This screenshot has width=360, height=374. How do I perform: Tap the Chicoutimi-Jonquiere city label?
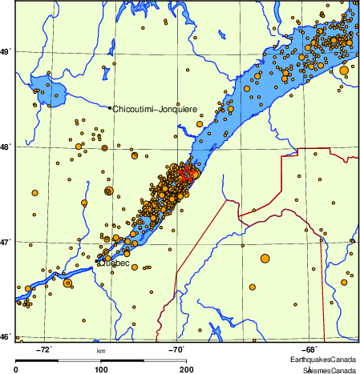(x=155, y=108)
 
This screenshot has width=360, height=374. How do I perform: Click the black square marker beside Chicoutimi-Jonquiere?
(x=109, y=107)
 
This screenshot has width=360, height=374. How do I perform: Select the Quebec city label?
(x=113, y=262)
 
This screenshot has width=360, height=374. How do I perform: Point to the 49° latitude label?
(x=6, y=53)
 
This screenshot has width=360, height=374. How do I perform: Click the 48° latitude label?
(x=6, y=147)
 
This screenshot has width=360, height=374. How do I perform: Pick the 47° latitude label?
(x=6, y=242)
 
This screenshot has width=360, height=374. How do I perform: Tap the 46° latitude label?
(x=6, y=336)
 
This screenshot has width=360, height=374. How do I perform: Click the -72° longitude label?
(x=46, y=349)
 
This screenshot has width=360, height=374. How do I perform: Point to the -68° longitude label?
(x=309, y=349)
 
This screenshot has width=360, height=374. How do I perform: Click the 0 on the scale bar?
(x=17, y=369)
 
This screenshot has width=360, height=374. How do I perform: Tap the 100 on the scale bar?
(x=102, y=369)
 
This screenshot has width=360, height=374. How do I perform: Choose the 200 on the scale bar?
(x=186, y=369)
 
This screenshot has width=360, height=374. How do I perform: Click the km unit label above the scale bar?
(x=101, y=351)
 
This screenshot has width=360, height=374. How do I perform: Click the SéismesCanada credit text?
(x=328, y=370)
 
